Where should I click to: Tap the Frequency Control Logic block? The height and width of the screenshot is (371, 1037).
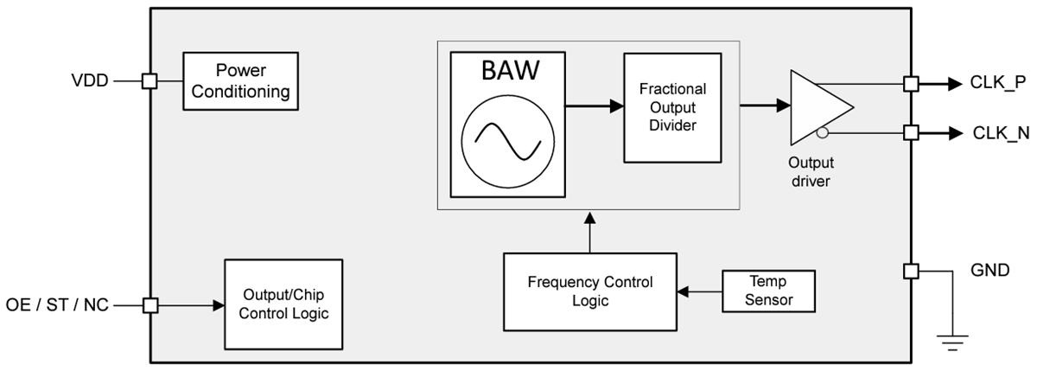pos(590,291)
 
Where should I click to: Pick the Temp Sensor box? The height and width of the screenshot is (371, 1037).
pos(768,291)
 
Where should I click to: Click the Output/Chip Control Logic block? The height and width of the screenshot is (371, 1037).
pos(283,304)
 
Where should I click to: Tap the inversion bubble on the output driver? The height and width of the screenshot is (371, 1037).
pos(823,132)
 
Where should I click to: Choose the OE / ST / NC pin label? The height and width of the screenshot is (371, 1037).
pos(57,305)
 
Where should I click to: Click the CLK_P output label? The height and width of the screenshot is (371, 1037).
pos(998,84)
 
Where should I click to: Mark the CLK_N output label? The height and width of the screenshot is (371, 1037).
pos(998,133)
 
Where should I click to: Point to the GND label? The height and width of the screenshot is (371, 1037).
pos(989,271)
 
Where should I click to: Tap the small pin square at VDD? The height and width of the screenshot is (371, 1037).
pos(149,81)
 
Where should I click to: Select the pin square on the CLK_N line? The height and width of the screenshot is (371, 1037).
pos(911,132)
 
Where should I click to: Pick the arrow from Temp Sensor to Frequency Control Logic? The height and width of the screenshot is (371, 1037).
pos(700,292)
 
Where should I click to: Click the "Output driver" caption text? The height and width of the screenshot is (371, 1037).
pos(811,171)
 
